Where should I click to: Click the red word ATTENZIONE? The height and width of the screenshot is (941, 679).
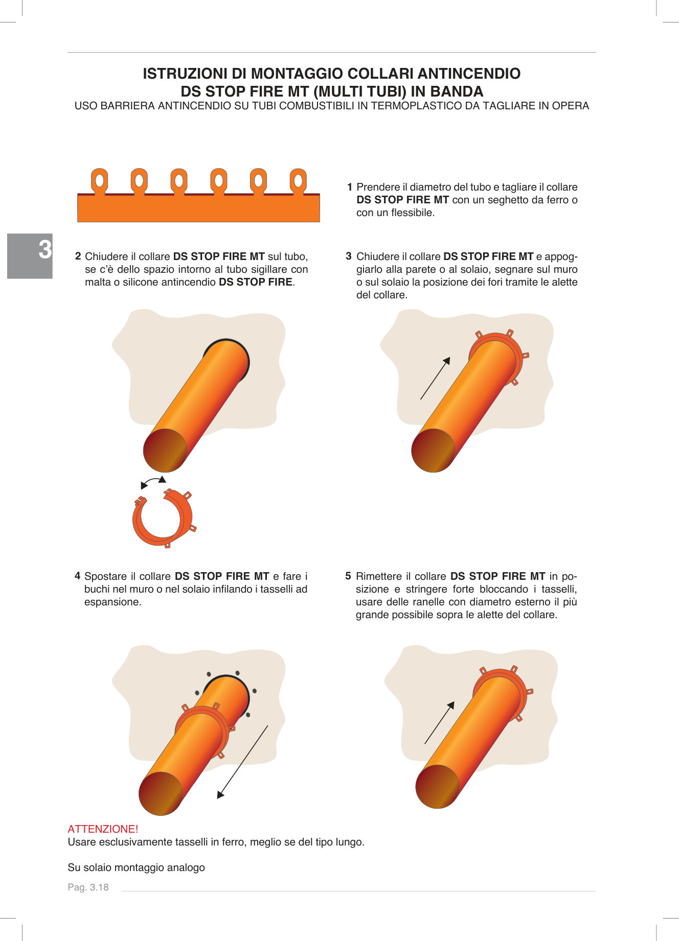tap(103, 829)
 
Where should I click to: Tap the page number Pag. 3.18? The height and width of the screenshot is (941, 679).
tap(88, 887)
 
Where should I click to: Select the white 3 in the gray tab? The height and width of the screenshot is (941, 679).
tap(45, 250)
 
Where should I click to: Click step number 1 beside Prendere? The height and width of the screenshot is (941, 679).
tap(350, 187)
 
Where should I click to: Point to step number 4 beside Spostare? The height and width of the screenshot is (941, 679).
tap(78, 576)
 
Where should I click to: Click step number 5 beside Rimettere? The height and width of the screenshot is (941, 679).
tap(348, 576)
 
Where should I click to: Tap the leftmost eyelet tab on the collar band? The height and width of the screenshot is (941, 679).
tap(100, 181)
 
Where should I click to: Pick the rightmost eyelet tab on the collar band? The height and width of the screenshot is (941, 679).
tap(298, 181)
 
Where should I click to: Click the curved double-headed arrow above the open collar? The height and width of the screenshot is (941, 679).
tap(153, 482)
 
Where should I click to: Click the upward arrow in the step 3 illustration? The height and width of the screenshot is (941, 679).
tap(435, 378)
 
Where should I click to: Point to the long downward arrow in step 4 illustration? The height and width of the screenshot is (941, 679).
tap(242, 762)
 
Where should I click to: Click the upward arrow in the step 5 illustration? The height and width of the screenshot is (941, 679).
tap(439, 722)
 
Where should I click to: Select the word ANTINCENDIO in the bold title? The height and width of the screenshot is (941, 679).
tap(469, 74)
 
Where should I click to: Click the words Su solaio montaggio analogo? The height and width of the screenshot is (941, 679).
tap(136, 867)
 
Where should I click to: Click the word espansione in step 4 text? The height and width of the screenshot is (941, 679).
tap(112, 602)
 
